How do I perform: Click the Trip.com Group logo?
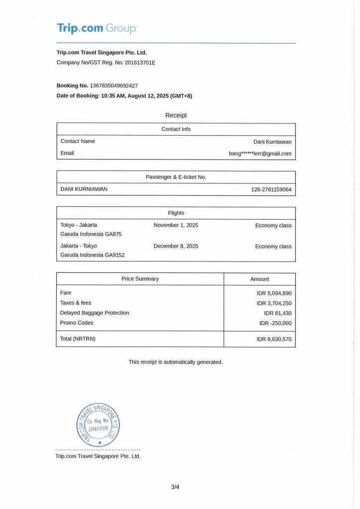tap(96, 28)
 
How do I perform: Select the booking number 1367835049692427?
tap(114, 85)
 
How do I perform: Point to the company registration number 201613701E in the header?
tap(140, 63)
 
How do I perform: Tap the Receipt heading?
tap(176, 115)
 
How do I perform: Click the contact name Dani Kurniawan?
tap(272, 142)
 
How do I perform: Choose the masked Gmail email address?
tap(260, 154)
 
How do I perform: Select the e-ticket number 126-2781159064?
tap(271, 189)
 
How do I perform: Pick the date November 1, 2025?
tap(176, 225)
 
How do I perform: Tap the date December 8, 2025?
tap(176, 246)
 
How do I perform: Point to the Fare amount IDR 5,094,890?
tap(274, 293)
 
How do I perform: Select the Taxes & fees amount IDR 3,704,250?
tap(274, 303)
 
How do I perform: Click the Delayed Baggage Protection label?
tap(94, 313)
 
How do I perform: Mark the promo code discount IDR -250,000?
tap(275, 323)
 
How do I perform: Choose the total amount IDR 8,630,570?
tap(274, 339)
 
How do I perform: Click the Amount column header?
tap(259, 279)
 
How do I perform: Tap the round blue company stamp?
tap(98, 424)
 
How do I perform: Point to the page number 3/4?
tap(175, 487)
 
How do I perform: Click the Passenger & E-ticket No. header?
tap(176, 177)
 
